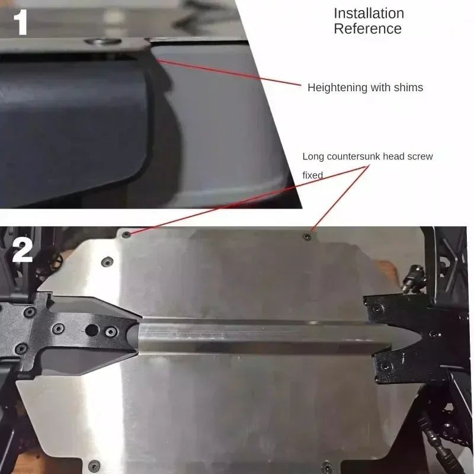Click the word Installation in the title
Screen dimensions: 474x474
pyautogui.click(x=369, y=13)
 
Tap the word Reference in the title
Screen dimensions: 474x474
pyautogui.click(x=367, y=28)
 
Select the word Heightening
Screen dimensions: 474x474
pyautogui.click(x=337, y=88)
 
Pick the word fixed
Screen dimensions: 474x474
pyautogui.click(x=313, y=175)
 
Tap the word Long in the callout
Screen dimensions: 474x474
pyautogui.click(x=313, y=156)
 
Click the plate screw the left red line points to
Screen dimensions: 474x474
pyautogui.click(x=126, y=235)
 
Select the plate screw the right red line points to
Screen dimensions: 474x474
pyautogui.click(x=306, y=236)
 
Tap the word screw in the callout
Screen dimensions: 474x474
pyautogui.click(x=420, y=156)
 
